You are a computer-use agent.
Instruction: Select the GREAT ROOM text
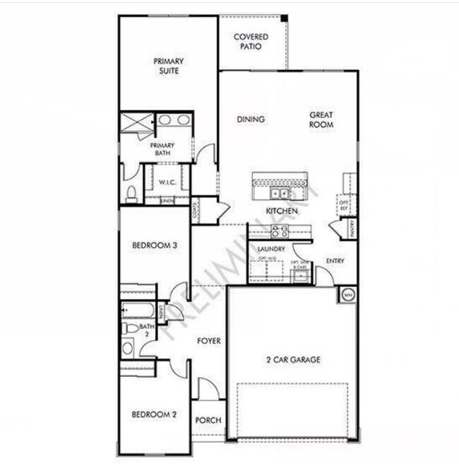(321, 120)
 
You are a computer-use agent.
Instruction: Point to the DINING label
(251, 120)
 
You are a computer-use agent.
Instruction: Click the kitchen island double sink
(280, 193)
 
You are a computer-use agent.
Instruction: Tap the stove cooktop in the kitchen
(280, 230)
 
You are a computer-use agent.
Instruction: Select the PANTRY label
(351, 228)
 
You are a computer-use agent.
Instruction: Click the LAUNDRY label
(271, 249)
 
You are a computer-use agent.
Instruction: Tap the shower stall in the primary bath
(136, 123)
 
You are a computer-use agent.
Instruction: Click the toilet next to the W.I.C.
(131, 192)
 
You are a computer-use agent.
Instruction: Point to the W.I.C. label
(167, 182)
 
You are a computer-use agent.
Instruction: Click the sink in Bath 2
(128, 347)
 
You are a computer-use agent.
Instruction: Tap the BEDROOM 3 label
(154, 245)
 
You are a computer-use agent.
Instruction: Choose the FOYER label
(208, 341)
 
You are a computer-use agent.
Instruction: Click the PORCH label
(208, 420)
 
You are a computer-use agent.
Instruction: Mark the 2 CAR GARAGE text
(293, 359)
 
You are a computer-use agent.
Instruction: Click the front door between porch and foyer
(208, 389)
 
